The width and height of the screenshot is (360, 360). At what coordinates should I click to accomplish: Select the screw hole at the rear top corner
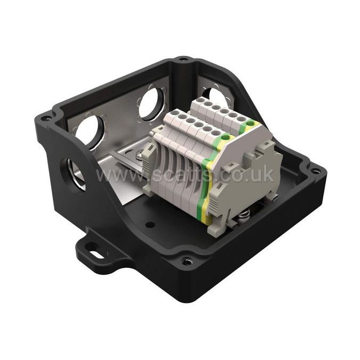point(184,59)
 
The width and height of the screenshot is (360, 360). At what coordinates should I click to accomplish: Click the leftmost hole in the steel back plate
point(89,131)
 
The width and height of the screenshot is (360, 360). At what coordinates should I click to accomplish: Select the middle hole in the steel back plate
point(151,103)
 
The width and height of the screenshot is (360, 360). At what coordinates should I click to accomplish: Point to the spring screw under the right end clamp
point(244,214)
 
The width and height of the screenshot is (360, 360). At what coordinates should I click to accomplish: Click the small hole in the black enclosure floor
point(150,224)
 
